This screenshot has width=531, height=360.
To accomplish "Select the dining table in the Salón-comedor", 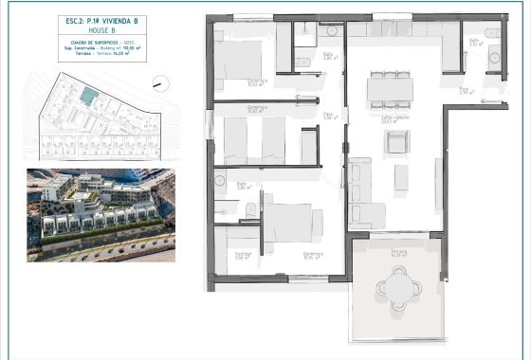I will [391, 88].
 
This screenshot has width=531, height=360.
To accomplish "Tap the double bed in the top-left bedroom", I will [245, 63].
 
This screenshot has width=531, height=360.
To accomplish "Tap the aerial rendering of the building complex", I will [100, 214].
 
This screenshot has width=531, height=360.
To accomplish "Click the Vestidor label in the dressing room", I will [242, 253].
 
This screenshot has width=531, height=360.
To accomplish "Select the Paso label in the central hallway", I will [328, 115].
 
